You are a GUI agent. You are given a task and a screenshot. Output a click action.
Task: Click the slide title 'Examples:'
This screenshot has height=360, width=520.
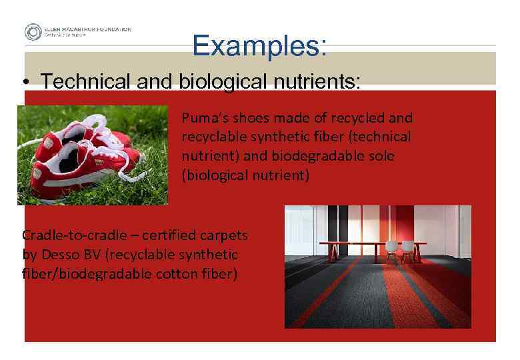tap(260, 45)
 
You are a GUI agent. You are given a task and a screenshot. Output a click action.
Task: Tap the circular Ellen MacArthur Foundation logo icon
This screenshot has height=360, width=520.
tap(33, 32)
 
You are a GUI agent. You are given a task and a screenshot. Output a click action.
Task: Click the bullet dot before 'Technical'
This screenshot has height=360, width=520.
tap(25, 82)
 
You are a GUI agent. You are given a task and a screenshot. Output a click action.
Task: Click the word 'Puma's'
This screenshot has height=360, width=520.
tap(203, 118)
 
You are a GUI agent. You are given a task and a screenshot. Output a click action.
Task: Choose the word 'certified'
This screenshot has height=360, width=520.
tap(147, 235)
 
